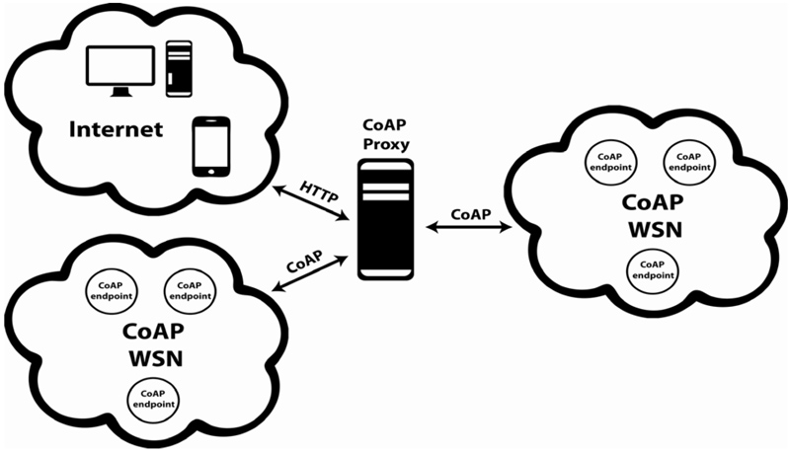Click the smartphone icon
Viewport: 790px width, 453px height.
tap(210, 146)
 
